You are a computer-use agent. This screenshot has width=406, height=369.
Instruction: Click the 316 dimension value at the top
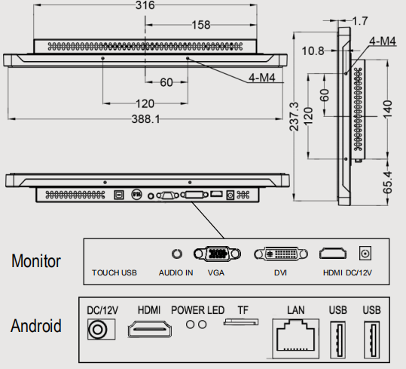pyautogui.click(x=145, y=5)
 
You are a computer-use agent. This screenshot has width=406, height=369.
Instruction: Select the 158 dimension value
pyautogui.click(x=201, y=25)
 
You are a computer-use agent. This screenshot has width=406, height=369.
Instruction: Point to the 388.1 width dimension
pyautogui.click(x=146, y=119)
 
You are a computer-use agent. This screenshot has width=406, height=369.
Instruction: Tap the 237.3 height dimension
pyautogui.click(x=294, y=116)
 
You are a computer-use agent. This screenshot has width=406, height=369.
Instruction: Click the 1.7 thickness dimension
pyautogui.click(x=360, y=21)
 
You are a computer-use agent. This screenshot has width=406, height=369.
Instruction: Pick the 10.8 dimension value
pyautogui.click(x=313, y=51)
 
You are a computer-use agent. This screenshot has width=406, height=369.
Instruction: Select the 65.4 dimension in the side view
pyautogui.click(x=388, y=183)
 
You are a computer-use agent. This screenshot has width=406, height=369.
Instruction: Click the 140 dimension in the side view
pyautogui.click(x=388, y=109)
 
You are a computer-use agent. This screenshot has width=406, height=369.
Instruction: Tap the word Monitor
pyautogui.click(x=36, y=261)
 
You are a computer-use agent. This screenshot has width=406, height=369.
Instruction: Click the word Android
pyautogui.click(x=36, y=326)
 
